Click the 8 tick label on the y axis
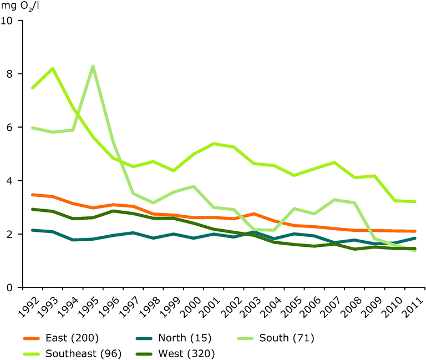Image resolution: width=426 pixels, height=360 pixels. point(11,74)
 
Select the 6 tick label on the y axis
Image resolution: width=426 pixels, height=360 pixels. point(11,127)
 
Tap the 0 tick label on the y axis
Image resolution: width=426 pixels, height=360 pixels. point(11,287)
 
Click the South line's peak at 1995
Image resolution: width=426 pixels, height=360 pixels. point(93,66)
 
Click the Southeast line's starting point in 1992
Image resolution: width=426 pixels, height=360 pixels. point(33,88)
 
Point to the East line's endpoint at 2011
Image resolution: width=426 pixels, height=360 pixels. point(415,231)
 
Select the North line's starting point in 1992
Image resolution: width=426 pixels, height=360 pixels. point(33,230)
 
